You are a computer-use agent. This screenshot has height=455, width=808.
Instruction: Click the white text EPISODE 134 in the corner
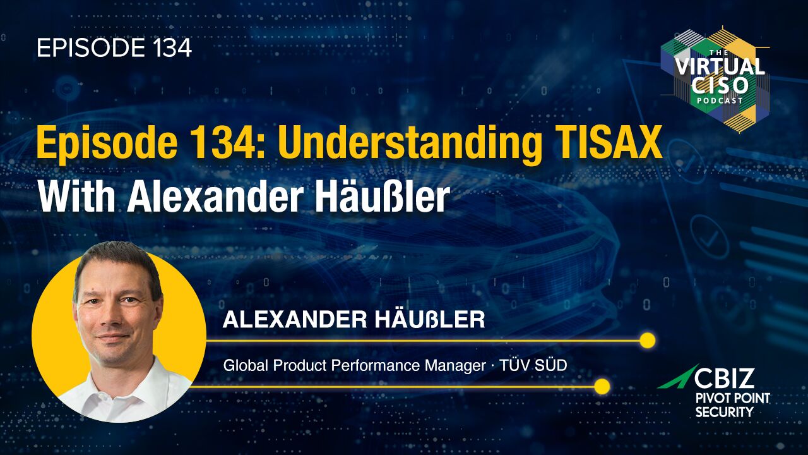(x=114, y=48)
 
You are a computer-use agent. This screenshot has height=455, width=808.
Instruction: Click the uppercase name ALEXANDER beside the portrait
(x=290, y=320)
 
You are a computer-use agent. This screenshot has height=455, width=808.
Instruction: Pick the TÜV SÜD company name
(x=533, y=365)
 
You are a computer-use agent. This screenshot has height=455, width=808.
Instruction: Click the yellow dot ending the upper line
(x=648, y=341)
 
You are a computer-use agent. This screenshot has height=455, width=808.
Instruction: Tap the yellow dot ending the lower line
(x=602, y=387)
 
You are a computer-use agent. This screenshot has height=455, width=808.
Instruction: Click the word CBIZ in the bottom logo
(x=725, y=378)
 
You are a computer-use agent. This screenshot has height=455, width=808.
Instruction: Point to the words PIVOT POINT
(x=733, y=398)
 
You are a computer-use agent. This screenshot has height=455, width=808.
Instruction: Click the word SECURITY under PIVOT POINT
(x=724, y=411)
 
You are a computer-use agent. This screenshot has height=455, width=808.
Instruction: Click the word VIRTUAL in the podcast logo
(x=720, y=66)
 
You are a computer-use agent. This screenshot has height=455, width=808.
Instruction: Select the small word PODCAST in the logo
(x=720, y=100)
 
